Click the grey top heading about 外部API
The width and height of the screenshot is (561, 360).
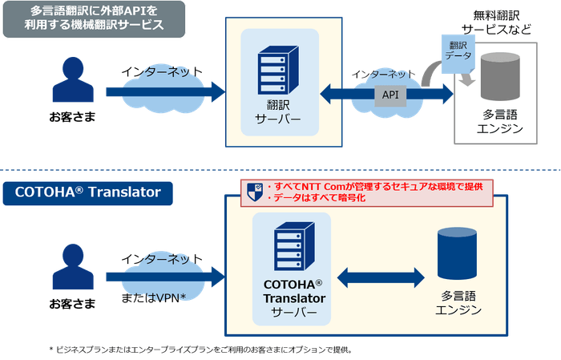click(95, 18)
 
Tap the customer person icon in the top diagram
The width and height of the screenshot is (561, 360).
click(72, 82)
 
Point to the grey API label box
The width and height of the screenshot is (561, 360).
click(390, 94)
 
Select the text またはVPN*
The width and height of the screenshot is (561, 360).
click(154, 298)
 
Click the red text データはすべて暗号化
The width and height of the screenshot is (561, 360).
click(321, 197)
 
